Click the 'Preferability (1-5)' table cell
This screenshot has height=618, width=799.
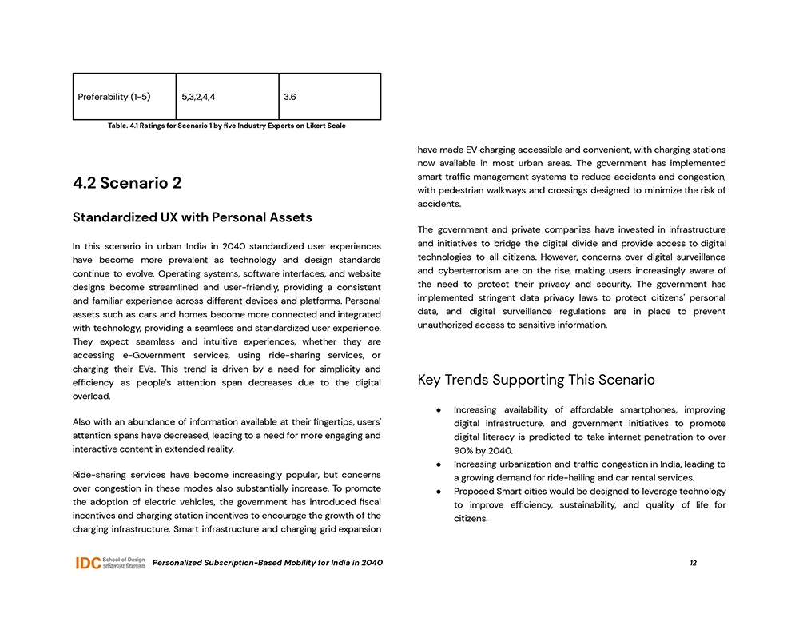coord(114,97)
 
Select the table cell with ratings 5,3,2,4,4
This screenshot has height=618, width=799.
coord(198,97)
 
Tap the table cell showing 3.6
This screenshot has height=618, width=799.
coord(290,97)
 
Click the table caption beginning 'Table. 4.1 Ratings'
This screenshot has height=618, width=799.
coord(226,126)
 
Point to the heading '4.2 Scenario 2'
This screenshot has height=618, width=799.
coord(127,183)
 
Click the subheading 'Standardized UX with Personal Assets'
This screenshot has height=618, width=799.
coord(192,217)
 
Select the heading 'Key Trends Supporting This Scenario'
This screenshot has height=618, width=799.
coord(536,380)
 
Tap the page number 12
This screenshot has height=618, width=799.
coord(693,563)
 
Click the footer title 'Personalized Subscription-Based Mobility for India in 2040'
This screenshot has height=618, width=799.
coord(267,563)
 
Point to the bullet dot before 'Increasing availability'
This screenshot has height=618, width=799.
coord(439,409)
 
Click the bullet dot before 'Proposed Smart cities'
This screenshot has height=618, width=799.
coord(439,492)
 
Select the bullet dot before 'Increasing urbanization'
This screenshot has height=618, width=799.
coord(439,464)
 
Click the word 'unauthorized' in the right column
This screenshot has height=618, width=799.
coord(447,325)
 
